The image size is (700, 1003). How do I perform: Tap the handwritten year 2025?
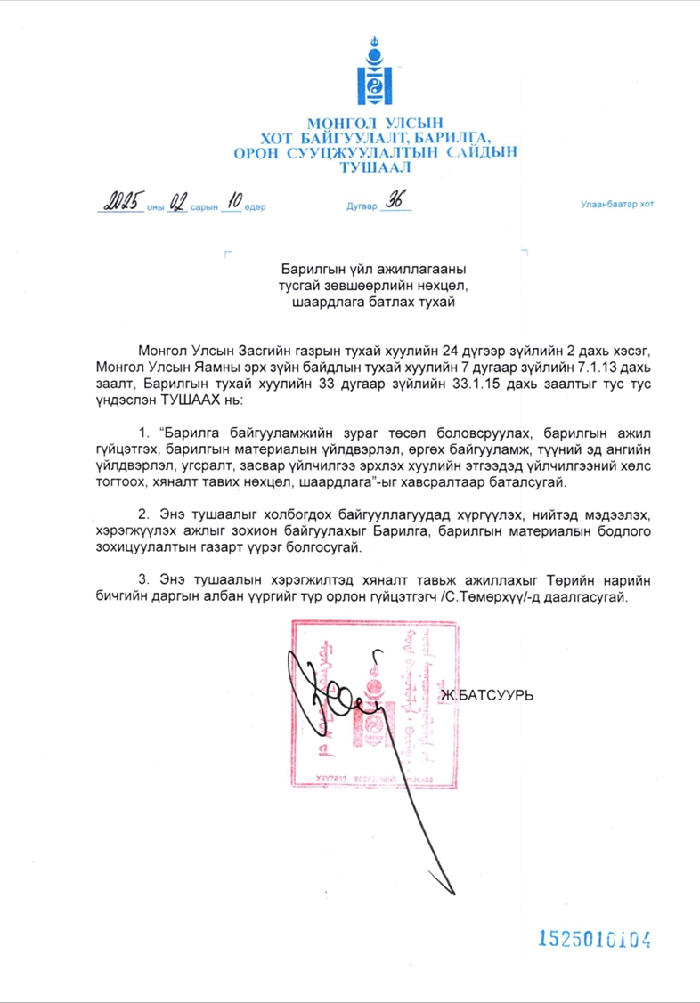tap(121, 201)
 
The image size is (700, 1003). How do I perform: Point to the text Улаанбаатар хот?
tap(616, 205)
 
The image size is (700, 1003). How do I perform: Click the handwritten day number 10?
tap(230, 201)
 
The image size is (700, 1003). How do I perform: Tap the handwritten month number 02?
tap(177, 202)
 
